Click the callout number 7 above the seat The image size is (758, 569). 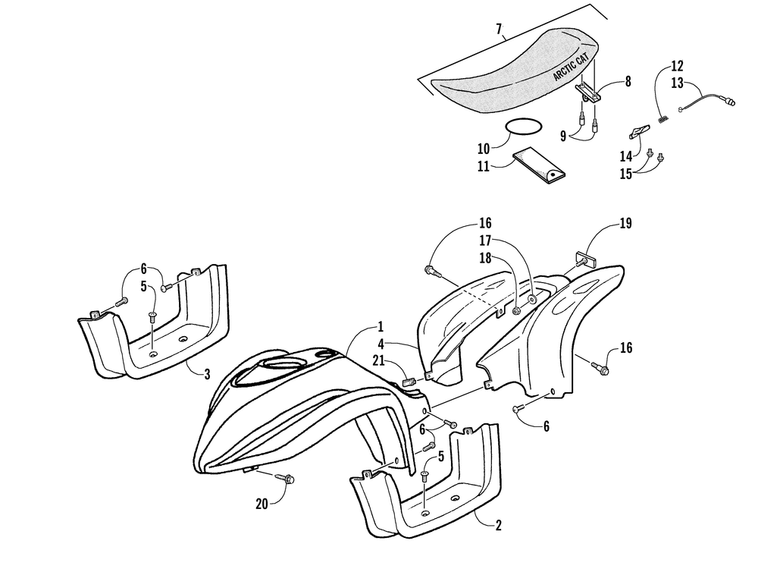pyautogui.click(x=499, y=30)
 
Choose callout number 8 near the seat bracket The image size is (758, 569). pyautogui.click(x=628, y=82)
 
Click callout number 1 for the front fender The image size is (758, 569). pyautogui.click(x=380, y=328)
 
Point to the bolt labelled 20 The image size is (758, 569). pyautogui.click(x=290, y=478)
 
